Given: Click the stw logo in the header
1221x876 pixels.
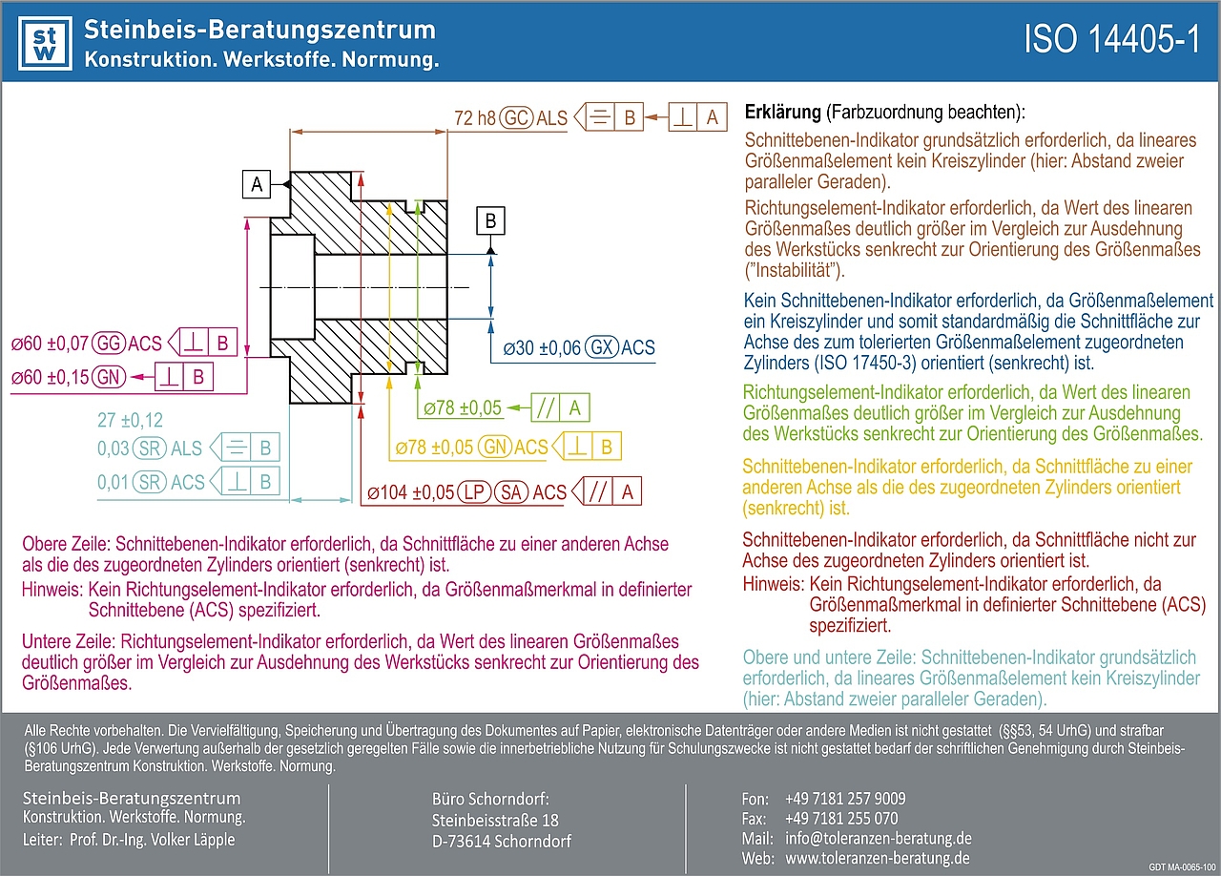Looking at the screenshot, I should pyautogui.click(x=45, y=43).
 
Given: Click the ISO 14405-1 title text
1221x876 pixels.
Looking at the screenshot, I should pyautogui.click(x=1111, y=41).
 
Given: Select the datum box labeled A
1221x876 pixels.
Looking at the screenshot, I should pyautogui.click(x=257, y=184).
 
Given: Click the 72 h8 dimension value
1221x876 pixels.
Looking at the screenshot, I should pyautogui.click(x=475, y=118).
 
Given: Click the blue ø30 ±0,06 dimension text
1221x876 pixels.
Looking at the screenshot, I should pyautogui.click(x=542, y=348).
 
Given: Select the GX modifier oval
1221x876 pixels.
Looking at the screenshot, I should pyautogui.click(x=601, y=348).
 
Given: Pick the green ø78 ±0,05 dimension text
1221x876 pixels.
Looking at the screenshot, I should pyautogui.click(x=462, y=408).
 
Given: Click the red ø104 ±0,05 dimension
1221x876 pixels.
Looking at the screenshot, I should pyautogui.click(x=410, y=492).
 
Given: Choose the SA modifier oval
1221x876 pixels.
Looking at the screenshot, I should pyautogui.click(x=511, y=492).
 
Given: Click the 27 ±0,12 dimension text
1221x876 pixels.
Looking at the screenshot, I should pyautogui.click(x=130, y=420).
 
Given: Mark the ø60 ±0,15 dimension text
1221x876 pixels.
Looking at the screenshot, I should pyautogui.click(x=51, y=377).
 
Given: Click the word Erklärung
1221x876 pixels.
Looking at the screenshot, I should pyautogui.click(x=782, y=113).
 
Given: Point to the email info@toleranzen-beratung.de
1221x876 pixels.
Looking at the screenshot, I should pyautogui.click(x=878, y=839).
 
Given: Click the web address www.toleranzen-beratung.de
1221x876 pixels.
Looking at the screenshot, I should pyautogui.click(x=878, y=859).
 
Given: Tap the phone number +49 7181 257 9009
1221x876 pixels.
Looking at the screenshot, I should pyautogui.click(x=845, y=799).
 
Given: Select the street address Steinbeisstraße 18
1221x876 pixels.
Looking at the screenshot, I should pyautogui.click(x=495, y=821).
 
